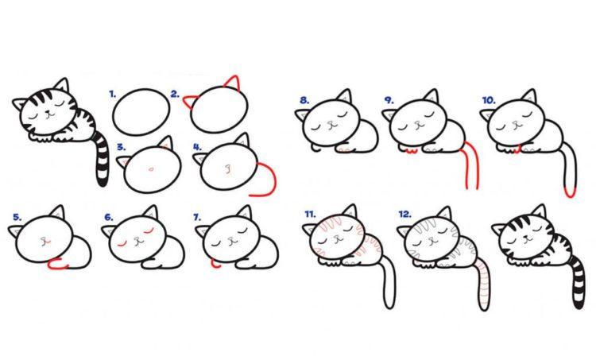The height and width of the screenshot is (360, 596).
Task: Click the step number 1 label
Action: pyautogui.click(x=112, y=94)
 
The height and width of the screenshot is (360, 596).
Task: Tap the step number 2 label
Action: pyautogui.click(x=175, y=95)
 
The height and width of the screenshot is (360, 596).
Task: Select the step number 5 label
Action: pyautogui.click(x=17, y=218)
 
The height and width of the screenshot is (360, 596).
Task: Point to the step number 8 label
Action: pyautogui.click(x=304, y=100)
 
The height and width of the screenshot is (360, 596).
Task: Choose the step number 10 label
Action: pyautogui.click(x=489, y=100)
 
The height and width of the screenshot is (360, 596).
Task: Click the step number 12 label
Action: pyautogui.click(x=405, y=215)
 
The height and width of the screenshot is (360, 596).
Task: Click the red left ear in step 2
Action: pyautogui.click(x=189, y=101)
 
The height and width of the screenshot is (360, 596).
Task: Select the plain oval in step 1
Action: pyautogui.click(x=141, y=112)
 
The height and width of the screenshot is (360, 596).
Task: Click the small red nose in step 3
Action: pyautogui.click(x=151, y=168)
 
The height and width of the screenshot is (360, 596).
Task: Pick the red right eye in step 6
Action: pyautogui.click(x=147, y=230)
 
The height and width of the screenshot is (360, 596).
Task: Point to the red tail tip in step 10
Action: pyautogui.click(x=570, y=192)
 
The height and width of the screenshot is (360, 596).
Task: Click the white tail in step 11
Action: pyautogui.click(x=389, y=281)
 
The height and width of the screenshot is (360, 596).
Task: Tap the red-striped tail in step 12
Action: pyautogui.click(x=483, y=285)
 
